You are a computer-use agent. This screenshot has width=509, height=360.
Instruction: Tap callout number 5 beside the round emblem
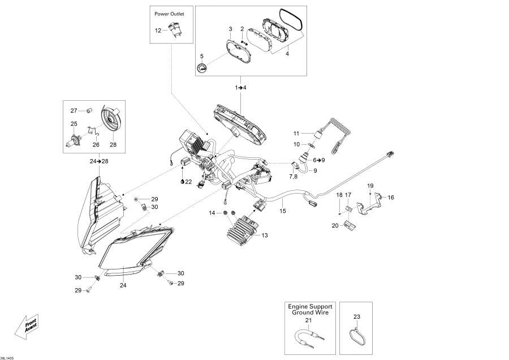[201, 57]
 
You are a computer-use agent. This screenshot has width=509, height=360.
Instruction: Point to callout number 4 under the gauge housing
[287, 54]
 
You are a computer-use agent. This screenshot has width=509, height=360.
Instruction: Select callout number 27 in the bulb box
[74, 110]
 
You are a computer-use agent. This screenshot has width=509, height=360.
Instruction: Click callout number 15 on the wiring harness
[283, 211]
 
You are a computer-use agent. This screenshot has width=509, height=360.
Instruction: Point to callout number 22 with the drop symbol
[187, 181]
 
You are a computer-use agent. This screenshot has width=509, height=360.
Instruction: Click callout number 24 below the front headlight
[123, 285]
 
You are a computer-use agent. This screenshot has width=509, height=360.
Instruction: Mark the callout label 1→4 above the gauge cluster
[241, 88]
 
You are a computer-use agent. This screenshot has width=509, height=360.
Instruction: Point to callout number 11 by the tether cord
[296, 133]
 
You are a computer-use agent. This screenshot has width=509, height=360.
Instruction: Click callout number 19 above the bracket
[370, 186]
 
